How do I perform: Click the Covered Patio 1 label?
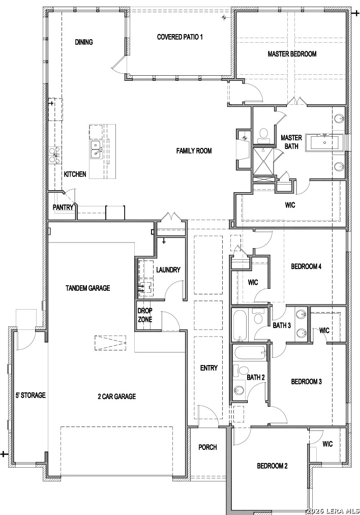(x=179, y=37)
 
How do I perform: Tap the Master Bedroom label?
(x=292, y=54)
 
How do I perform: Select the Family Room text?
(x=194, y=151)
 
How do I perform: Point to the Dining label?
(x=84, y=42)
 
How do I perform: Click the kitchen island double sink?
(x=96, y=149)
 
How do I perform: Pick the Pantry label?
(x=63, y=207)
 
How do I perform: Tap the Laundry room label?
(x=168, y=269)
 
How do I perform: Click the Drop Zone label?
(x=145, y=315)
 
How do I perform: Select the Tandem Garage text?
(x=87, y=288)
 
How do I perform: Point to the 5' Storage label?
(x=31, y=395)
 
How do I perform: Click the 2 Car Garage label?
(x=116, y=397)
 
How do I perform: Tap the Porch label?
(x=207, y=447)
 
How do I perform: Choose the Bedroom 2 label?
(x=273, y=466)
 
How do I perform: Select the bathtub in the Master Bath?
(x=324, y=142)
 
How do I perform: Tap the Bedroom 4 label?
(x=306, y=266)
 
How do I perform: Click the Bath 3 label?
(x=282, y=325)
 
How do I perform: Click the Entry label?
(x=209, y=368)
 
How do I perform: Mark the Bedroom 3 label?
(x=307, y=381)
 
